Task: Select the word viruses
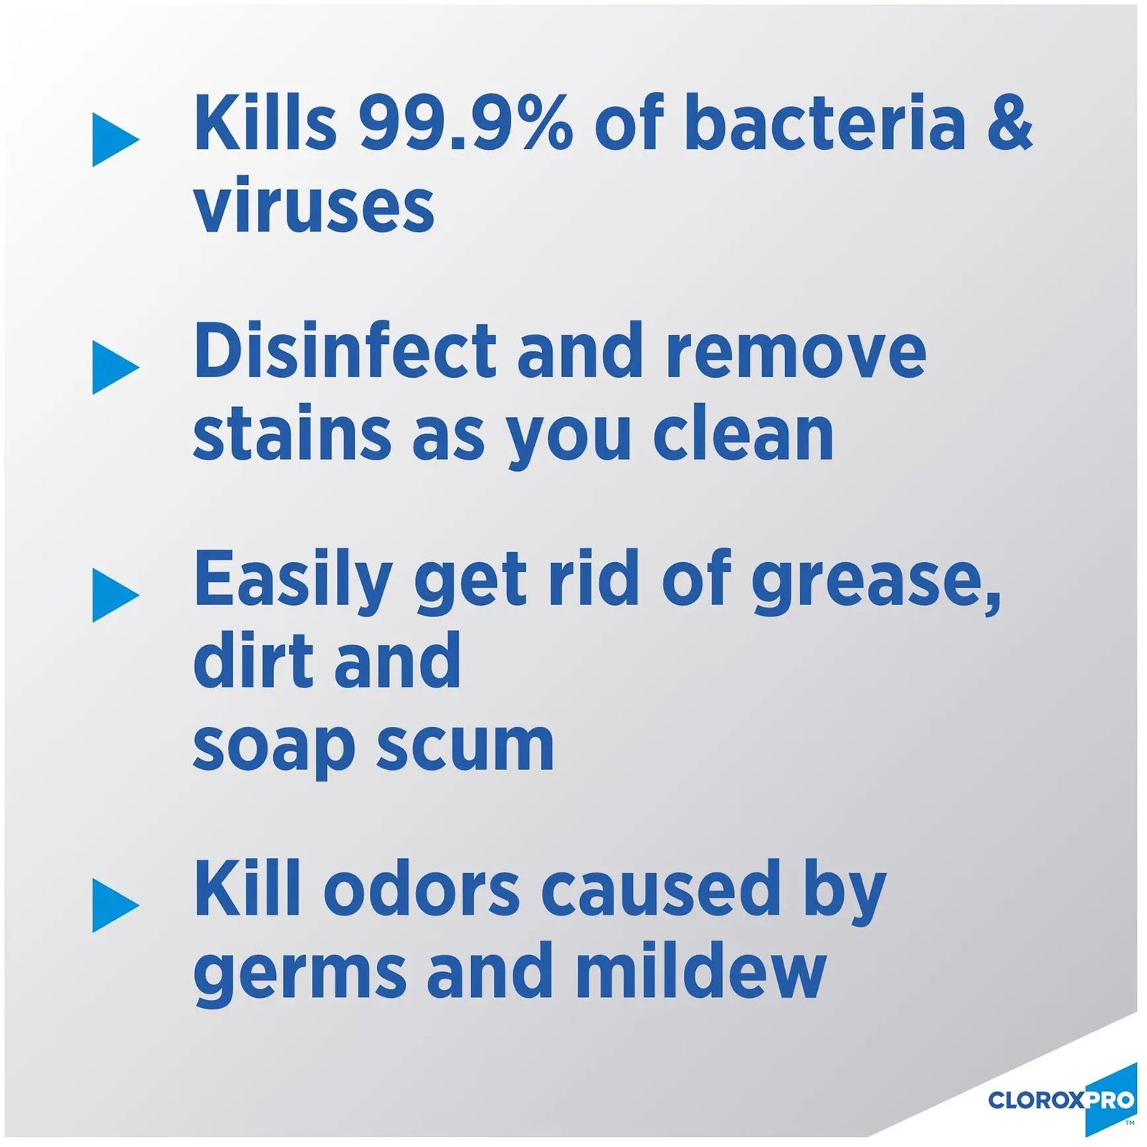coord(313,206)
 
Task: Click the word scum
coord(465,747)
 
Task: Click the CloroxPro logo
coord(1061,1099)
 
